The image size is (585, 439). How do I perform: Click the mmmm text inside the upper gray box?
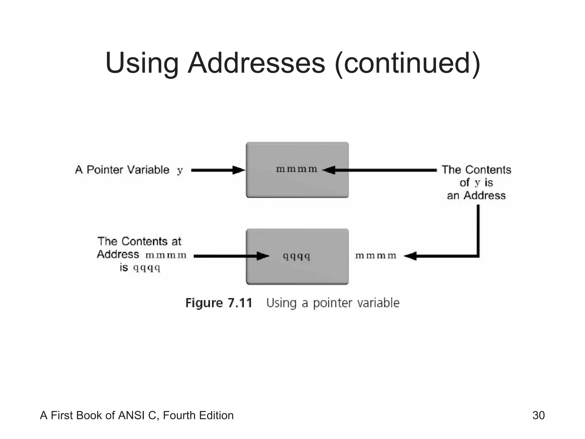pyautogui.click(x=296, y=169)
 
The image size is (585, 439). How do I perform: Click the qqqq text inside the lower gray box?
pyautogui.click(x=296, y=256)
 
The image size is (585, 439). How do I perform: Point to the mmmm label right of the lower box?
pyautogui.click(x=376, y=256)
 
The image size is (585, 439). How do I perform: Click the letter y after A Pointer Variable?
pyautogui.click(x=180, y=171)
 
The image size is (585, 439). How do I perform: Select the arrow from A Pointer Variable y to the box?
pyautogui.click(x=217, y=170)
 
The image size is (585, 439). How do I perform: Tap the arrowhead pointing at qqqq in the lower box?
pyautogui.click(x=263, y=256)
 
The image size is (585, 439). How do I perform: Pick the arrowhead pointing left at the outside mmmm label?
pyautogui.click(x=410, y=256)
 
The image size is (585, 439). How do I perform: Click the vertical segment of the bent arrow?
pyautogui.click(x=478, y=229)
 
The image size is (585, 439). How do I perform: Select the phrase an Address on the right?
pyautogui.click(x=476, y=196)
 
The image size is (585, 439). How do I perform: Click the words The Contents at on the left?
pyautogui.click(x=139, y=242)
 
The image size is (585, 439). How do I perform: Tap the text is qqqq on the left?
pyautogui.click(x=140, y=268)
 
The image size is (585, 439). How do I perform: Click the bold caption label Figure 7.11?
pyautogui.click(x=219, y=303)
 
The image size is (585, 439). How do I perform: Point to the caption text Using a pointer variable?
pyautogui.click(x=333, y=303)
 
